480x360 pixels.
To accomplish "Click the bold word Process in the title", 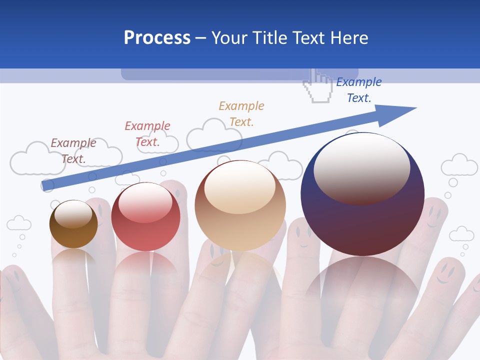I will click(157, 38).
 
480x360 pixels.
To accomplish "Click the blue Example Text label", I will click(359, 90).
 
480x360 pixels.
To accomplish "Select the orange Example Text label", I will click(241, 113).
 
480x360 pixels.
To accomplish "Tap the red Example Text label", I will click(147, 133).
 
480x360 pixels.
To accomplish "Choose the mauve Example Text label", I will click(73, 150).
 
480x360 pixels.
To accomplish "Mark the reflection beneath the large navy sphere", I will click(362, 290).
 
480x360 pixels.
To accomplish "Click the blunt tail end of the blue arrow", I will click(46, 186).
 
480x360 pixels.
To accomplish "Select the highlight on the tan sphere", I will click(239, 187).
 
